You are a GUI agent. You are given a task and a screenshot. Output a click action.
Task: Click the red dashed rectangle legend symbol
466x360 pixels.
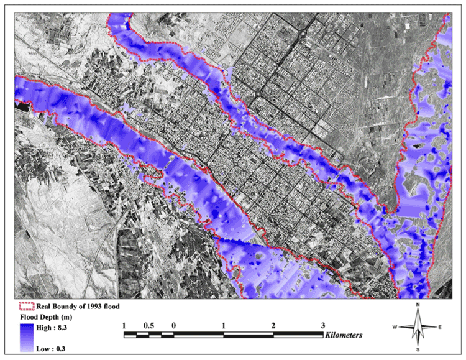click(25, 306)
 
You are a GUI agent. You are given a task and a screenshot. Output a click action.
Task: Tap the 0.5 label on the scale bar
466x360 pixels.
click(149, 325)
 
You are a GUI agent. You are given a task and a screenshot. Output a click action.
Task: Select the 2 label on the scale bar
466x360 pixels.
click(273, 325)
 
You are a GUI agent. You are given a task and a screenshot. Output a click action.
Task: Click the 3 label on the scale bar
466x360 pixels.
click(322, 325)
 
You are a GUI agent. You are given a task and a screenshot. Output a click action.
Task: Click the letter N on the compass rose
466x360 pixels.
click(418, 305)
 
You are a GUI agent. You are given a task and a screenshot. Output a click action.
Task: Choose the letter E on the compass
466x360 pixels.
click(441, 326)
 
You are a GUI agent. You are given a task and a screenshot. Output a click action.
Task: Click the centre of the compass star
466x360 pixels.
click(418, 326)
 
